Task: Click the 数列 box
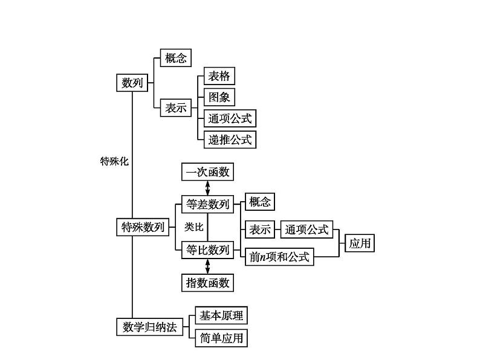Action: click(132, 83)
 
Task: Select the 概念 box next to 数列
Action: click(175, 58)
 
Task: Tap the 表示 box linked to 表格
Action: click(175, 109)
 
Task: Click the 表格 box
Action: click(219, 76)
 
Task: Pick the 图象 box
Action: click(219, 97)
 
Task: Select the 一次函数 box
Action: click(207, 172)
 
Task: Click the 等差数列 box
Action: click(207, 204)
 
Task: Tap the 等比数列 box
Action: click(207, 249)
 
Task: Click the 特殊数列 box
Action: click(142, 227)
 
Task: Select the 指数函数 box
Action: click(207, 282)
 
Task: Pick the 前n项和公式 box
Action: click(279, 257)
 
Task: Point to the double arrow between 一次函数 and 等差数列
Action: click(208, 188)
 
